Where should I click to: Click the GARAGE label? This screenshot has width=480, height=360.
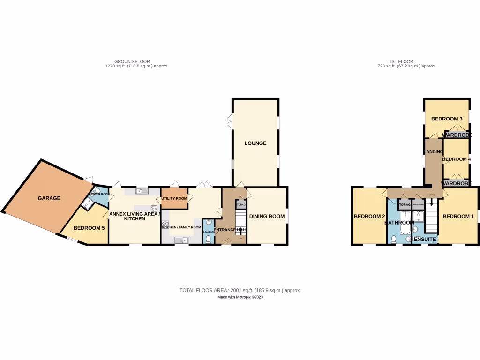tap(49, 198)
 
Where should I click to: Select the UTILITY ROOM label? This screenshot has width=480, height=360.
tap(174, 199)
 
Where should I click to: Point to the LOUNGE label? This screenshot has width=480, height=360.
tap(255, 143)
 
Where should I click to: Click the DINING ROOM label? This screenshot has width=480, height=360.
tap(267, 216)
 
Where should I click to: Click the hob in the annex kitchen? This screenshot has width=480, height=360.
tap(154, 209)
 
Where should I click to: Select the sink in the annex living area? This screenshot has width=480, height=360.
tap(140, 191)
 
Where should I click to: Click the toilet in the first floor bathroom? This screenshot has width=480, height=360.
tap(393, 240)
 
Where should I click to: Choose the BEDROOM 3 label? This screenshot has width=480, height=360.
tap(447, 119)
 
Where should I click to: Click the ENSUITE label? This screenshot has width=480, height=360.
tap(425, 240)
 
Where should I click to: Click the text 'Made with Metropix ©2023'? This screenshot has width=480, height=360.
tap(240, 297)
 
